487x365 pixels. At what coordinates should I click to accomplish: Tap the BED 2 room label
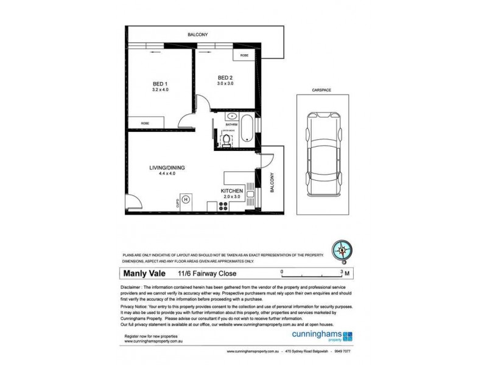pos(225,77)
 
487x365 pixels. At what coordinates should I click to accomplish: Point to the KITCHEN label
pos(231,191)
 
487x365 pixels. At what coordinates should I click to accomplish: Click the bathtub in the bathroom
pos(246,128)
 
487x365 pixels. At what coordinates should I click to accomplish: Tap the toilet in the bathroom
pos(226,141)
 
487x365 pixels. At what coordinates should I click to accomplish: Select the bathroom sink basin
pos(231,116)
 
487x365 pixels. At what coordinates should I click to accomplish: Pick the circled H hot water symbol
pos(187,198)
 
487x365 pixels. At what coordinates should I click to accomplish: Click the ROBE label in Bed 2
pos(244,55)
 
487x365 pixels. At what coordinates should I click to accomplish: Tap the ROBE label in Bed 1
pos(145,123)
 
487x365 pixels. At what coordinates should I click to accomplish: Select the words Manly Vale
pos(147,274)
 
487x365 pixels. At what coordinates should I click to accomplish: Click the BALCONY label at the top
pos(198,35)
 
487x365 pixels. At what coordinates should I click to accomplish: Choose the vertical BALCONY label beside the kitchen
pos(272,182)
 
